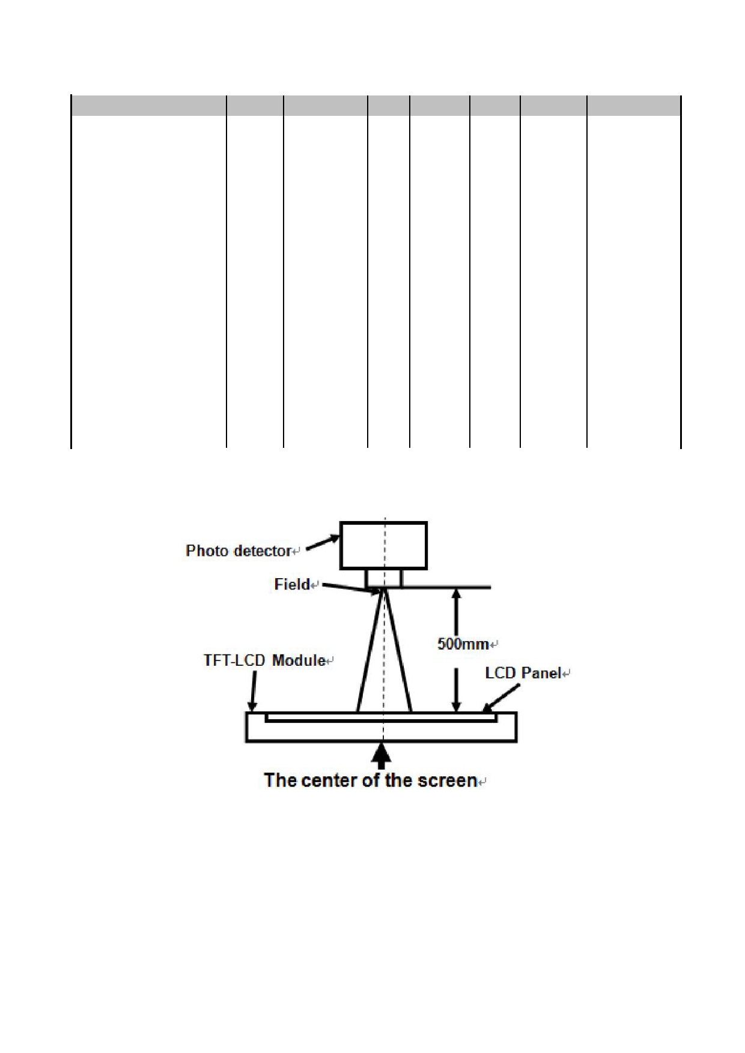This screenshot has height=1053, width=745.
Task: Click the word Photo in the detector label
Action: pyautogui.click(x=203, y=551)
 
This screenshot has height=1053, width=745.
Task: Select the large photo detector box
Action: pyautogui.click(x=384, y=545)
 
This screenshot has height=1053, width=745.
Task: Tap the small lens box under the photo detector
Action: pyautogui.click(x=384, y=578)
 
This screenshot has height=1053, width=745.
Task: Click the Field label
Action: pyautogui.click(x=292, y=584)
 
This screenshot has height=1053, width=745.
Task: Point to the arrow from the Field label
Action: pyautogui.click(x=348, y=588)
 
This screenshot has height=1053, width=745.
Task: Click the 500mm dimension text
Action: pyautogui.click(x=463, y=644)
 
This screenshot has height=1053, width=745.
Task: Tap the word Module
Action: pyautogui.click(x=299, y=660)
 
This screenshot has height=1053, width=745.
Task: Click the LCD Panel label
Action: pyautogui.click(x=523, y=673)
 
